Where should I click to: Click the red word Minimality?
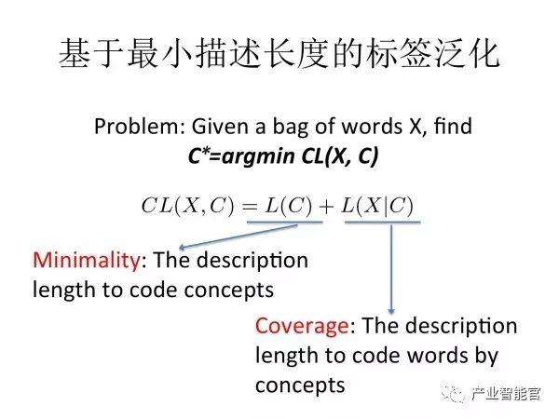[77, 258]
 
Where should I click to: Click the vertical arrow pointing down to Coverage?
[391, 270]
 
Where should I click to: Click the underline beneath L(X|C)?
[385, 223]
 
